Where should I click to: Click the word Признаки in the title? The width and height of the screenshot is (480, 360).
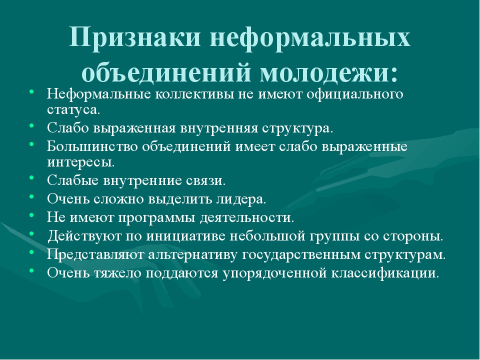click(x=134, y=37)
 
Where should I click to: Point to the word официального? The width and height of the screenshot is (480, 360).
click(x=355, y=94)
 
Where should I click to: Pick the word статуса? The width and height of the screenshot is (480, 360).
click(x=73, y=110)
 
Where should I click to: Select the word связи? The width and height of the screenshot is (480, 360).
click(x=205, y=180)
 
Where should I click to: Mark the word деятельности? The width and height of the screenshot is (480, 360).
click(x=247, y=217)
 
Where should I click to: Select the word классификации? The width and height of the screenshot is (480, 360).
click(x=385, y=273)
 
